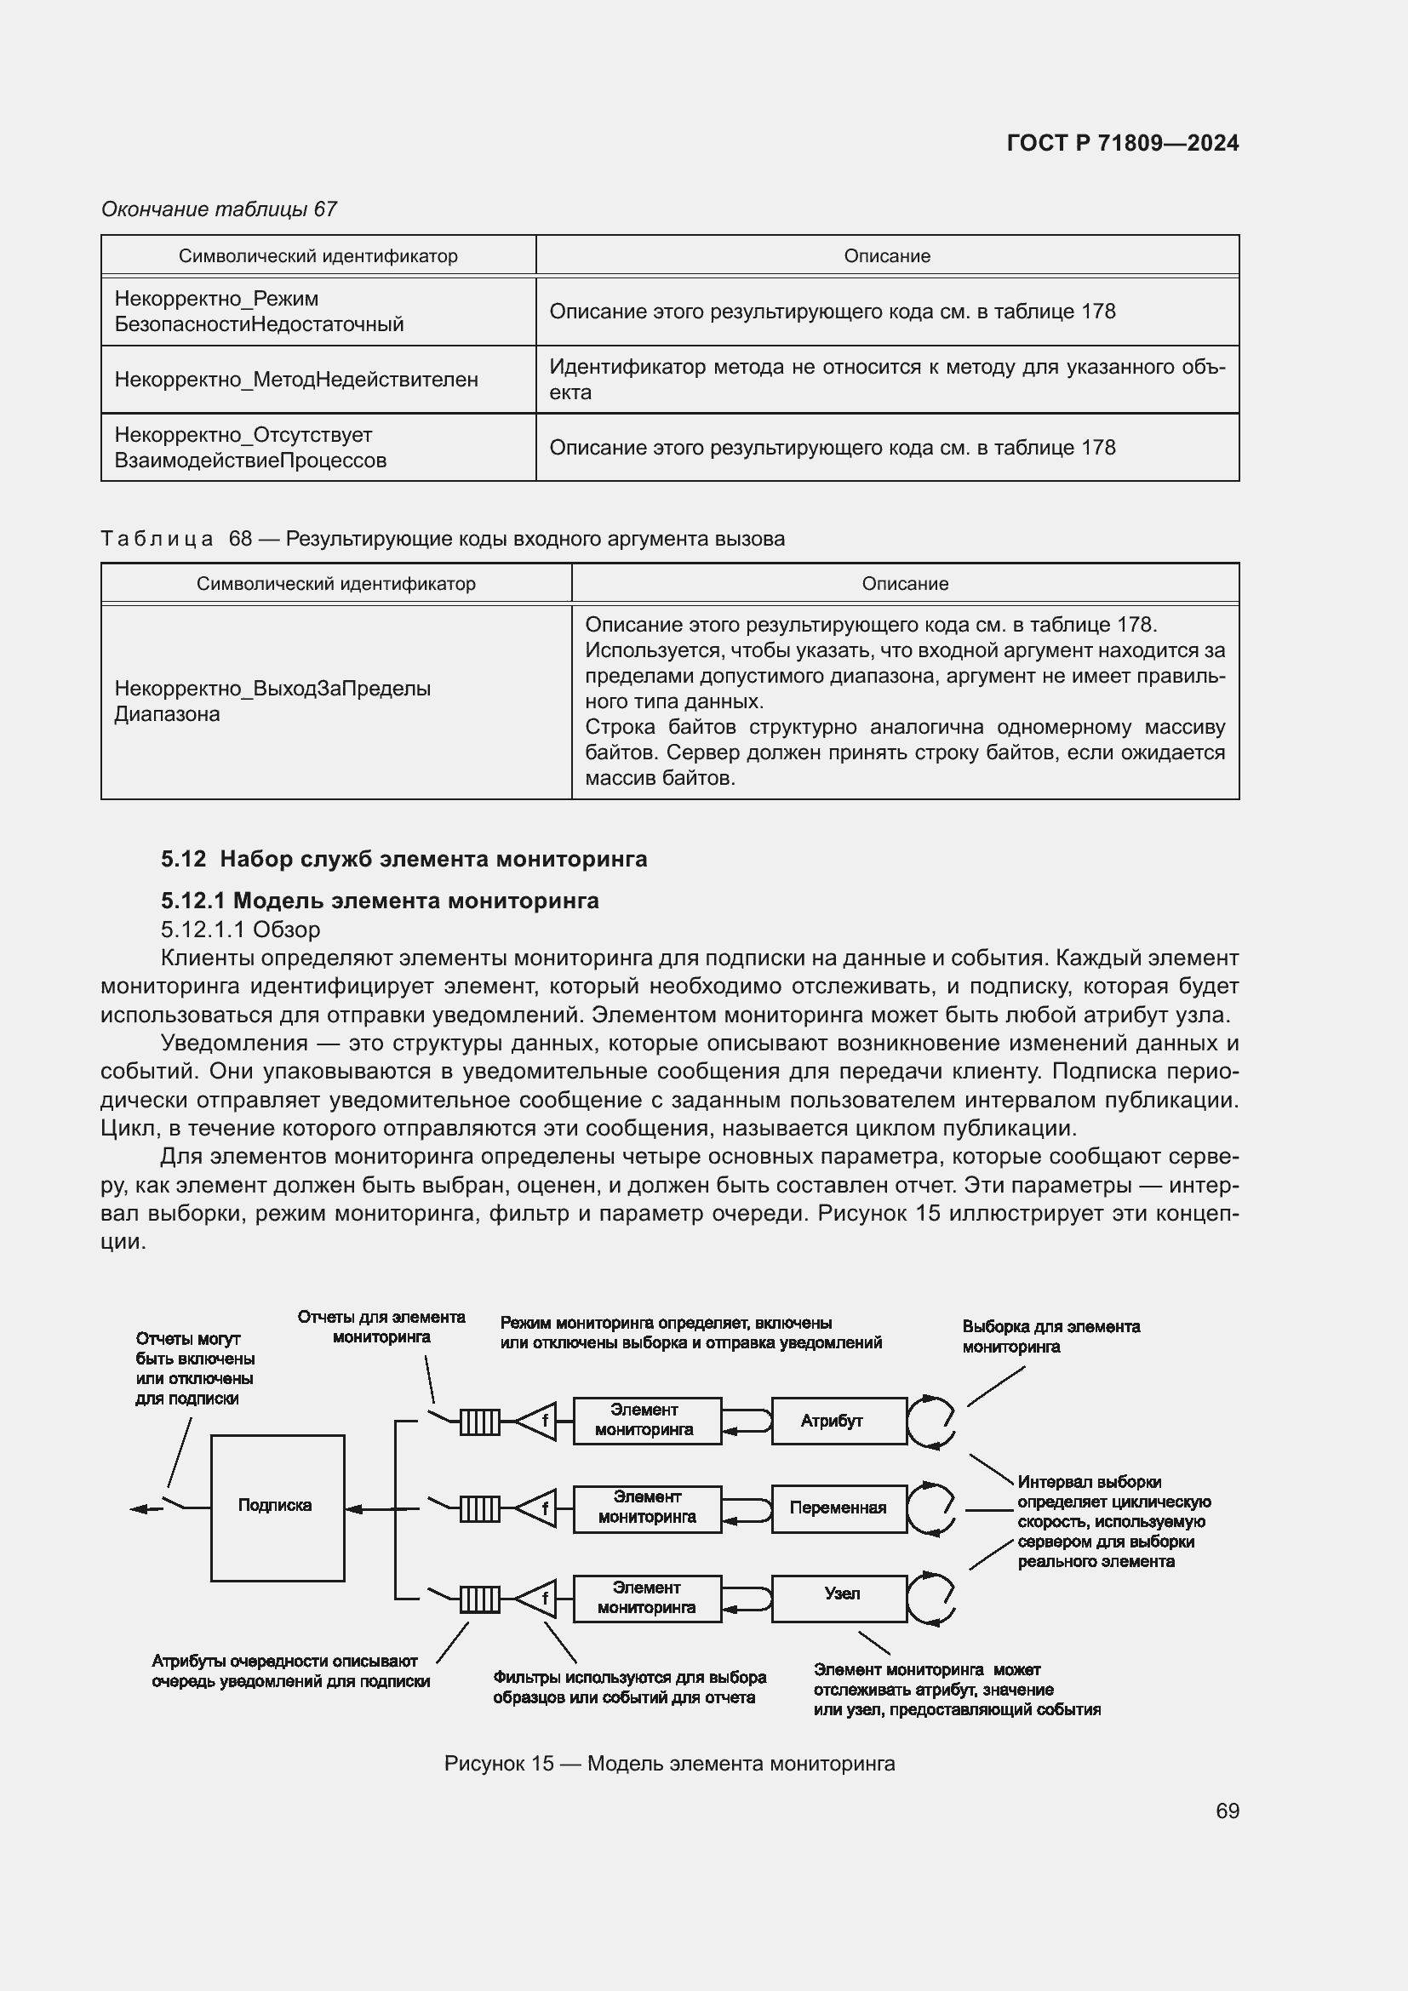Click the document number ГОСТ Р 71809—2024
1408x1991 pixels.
coord(1122,143)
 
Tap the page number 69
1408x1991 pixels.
coord(1227,1811)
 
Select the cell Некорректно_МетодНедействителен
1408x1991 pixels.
coord(296,380)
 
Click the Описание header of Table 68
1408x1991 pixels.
coord(904,584)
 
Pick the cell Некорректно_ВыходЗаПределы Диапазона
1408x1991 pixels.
coord(272,701)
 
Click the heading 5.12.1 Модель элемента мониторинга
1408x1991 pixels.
coord(380,901)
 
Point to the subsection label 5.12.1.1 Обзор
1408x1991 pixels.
coord(240,930)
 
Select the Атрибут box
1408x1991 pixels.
coord(839,1422)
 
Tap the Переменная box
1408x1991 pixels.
coord(839,1508)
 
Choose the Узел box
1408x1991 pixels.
coord(839,1593)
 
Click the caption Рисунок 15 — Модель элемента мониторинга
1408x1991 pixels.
coord(668,1757)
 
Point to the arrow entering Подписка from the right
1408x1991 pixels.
coord(364,1509)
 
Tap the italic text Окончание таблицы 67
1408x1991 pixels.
coord(219,209)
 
